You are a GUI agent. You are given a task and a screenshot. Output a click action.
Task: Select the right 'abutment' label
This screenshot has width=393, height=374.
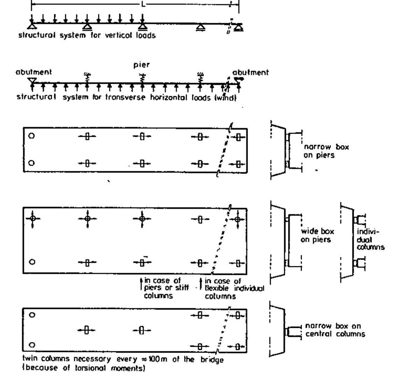coord(251,74)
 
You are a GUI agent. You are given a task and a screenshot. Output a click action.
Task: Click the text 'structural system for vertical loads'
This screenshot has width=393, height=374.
coord(87,36)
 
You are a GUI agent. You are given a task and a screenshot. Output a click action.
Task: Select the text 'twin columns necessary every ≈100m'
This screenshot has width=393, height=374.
coord(122,360)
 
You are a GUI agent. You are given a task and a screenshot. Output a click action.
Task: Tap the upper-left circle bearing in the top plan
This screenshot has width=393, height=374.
coord(31,136)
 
